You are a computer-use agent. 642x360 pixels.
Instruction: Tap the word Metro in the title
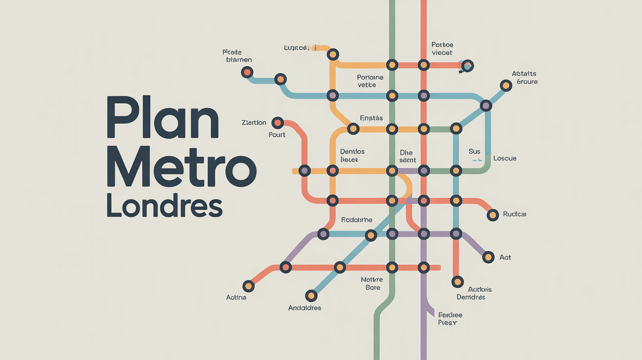pos(182,166)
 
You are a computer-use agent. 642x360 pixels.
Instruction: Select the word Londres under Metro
pos(164,207)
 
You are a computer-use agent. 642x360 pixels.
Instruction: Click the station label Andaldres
pos(304,308)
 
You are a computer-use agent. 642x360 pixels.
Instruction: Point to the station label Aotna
pos(236,297)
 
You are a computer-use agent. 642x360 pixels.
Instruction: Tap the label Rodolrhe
pos(349,220)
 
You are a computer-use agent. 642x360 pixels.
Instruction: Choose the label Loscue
pos(505,158)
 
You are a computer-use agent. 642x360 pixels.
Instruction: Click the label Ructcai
pos(515,214)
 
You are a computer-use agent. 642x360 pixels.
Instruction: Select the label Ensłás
pos(371,118)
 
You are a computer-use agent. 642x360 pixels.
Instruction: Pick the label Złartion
pos(254,122)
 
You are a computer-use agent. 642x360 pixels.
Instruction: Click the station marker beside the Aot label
pos(488,257)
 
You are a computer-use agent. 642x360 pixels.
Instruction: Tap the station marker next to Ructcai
pos(492,214)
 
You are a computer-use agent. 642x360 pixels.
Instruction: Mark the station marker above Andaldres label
pos(311,295)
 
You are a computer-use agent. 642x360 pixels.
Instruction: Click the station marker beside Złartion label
pos(277,122)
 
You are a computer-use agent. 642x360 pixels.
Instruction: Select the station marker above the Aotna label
pos(248,286)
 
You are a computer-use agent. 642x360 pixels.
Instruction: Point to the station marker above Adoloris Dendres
pos(458,282)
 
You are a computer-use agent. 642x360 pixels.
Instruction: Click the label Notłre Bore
pos(371,283)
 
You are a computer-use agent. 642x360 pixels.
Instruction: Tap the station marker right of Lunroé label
pos(333,54)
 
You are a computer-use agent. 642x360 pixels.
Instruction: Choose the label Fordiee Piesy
pos(450,319)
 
